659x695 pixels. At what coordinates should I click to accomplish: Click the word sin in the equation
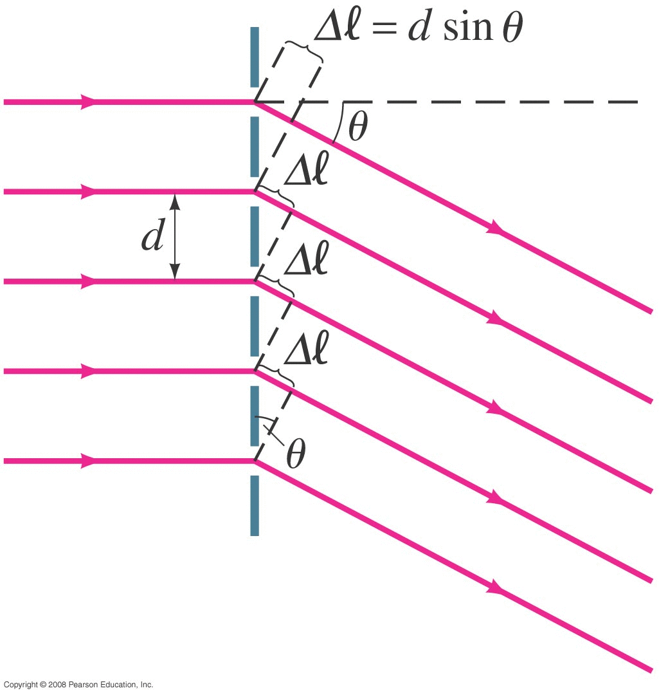[468, 27]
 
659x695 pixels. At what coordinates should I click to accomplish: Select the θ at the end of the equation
[513, 27]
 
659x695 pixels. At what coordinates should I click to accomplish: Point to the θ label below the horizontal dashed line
[358, 126]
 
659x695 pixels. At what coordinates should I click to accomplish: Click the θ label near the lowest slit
[295, 454]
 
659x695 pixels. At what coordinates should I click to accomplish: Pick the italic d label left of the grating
[153, 234]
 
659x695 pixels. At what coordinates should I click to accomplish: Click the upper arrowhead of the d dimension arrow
[175, 201]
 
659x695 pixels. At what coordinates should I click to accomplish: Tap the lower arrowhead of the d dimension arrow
[175, 272]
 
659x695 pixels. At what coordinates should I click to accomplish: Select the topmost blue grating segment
[255, 57]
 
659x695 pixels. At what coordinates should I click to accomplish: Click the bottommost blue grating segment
[255, 506]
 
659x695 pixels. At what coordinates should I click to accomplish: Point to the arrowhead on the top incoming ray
[88, 102]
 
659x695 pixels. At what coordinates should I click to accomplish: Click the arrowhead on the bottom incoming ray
[88, 461]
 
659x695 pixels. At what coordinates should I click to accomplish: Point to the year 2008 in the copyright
[57, 685]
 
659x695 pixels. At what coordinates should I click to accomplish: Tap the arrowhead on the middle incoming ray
[88, 281]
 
